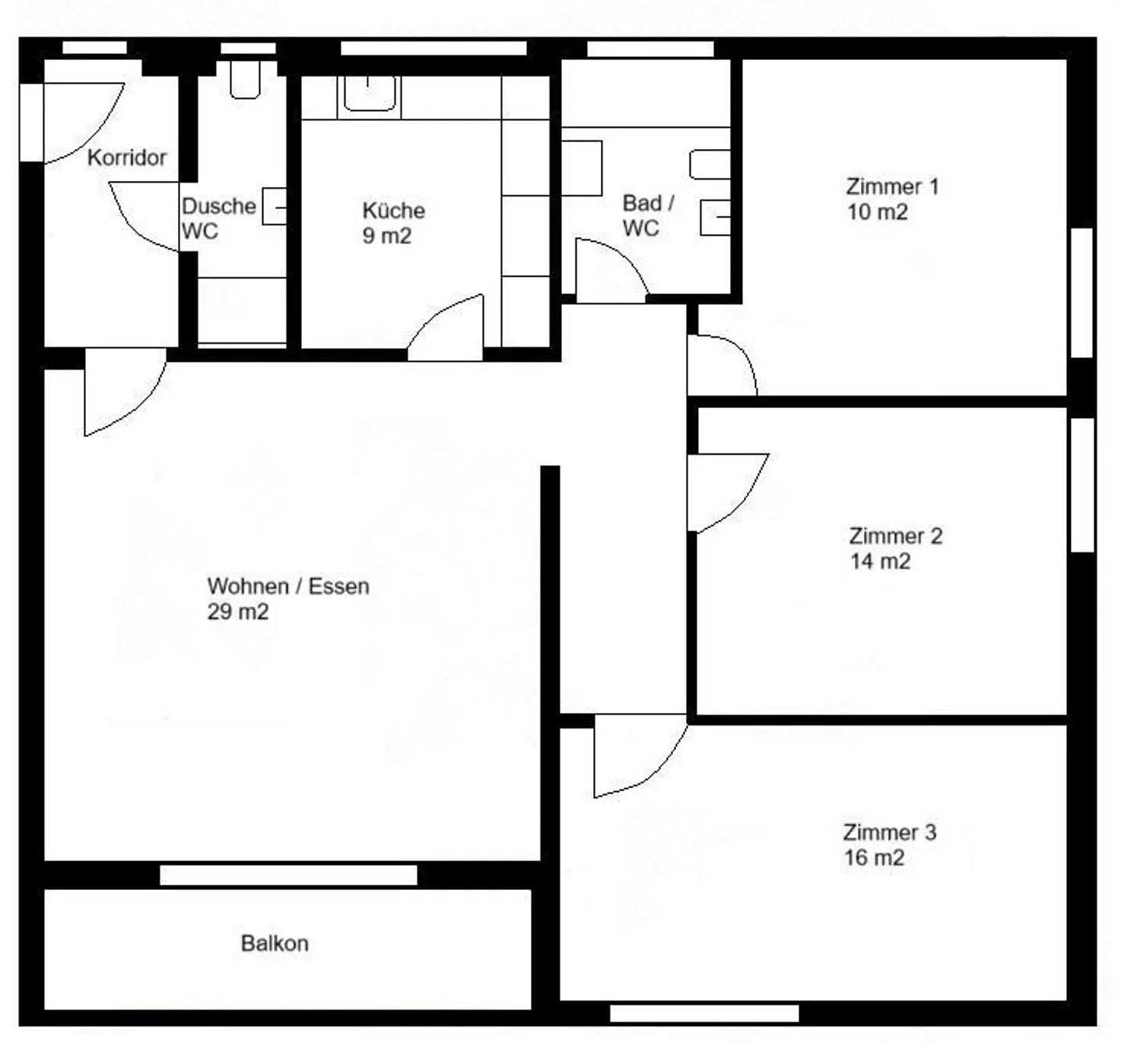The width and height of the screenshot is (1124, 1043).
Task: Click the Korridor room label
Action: (126, 158)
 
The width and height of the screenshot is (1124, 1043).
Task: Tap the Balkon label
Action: (275, 943)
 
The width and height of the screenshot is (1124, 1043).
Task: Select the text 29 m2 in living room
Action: (238, 612)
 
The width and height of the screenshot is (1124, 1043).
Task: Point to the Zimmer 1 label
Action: (892, 186)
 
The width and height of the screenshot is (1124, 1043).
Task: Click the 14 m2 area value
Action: (880, 562)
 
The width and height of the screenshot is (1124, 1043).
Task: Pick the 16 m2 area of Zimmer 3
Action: (874, 858)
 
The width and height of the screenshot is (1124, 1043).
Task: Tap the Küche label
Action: (394, 211)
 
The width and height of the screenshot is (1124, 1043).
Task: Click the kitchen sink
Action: (369, 94)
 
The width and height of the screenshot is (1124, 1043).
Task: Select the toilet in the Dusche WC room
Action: (245, 80)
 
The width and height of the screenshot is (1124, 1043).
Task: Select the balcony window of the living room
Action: (289, 875)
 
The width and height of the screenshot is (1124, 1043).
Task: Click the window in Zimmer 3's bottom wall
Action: (704, 1013)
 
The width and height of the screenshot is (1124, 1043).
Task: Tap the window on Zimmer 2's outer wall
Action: (1083, 485)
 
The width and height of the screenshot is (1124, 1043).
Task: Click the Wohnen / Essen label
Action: (288, 587)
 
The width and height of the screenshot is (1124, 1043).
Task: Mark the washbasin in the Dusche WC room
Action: (275, 206)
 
